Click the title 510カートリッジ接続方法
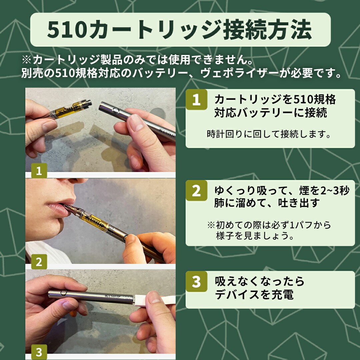click(x=180, y=30)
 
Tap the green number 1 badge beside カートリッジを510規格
click(x=196, y=100)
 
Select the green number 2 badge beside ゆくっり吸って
click(x=196, y=191)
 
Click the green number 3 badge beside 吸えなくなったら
click(x=196, y=282)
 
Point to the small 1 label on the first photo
click(x=39, y=171)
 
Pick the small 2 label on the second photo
click(x=39, y=262)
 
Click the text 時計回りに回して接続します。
click(x=269, y=134)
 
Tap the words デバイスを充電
click(x=254, y=295)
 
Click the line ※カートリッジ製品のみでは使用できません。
click(x=137, y=61)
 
